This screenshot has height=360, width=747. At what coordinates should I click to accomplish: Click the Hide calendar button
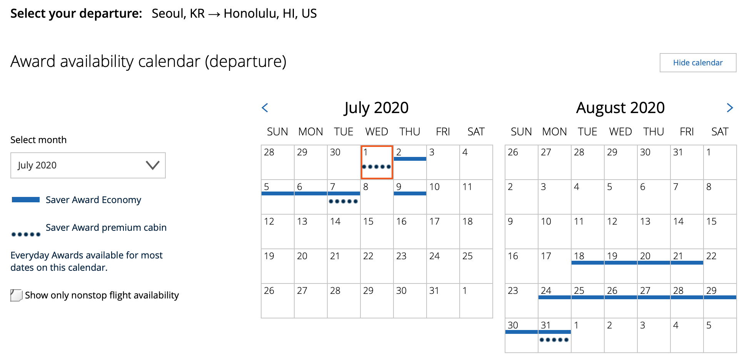pyautogui.click(x=698, y=63)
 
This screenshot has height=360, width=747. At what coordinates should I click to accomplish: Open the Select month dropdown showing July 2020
pyautogui.click(x=88, y=165)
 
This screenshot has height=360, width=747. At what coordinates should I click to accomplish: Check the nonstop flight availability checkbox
pyautogui.click(x=16, y=295)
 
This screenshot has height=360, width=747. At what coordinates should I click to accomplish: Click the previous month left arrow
pyautogui.click(x=265, y=108)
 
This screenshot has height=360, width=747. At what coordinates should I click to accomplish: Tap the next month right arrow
pyautogui.click(x=730, y=108)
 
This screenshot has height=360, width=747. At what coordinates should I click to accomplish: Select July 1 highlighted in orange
pyautogui.click(x=377, y=162)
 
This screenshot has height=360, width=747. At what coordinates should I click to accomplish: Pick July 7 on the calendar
pyautogui.click(x=344, y=197)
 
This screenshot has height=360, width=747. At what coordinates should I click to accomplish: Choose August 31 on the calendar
pyautogui.click(x=555, y=335)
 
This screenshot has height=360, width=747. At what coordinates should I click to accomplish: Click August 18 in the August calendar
pyautogui.click(x=588, y=266)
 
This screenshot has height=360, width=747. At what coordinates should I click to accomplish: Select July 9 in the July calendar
pyautogui.click(x=410, y=197)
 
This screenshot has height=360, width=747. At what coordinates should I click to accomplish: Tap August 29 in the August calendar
pyautogui.click(x=720, y=301)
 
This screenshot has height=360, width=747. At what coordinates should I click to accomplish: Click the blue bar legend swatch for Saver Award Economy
pyautogui.click(x=26, y=200)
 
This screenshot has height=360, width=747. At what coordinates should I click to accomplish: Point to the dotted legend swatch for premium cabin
pyautogui.click(x=26, y=234)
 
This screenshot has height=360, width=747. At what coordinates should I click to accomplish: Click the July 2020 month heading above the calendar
pyautogui.click(x=377, y=108)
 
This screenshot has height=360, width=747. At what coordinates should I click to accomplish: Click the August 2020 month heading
pyautogui.click(x=620, y=108)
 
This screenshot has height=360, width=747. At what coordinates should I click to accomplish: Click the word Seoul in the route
pyautogui.click(x=168, y=13)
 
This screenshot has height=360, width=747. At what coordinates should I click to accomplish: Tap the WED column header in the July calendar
pyautogui.click(x=377, y=132)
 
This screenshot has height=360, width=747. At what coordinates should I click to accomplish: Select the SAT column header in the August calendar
pyautogui.click(x=720, y=132)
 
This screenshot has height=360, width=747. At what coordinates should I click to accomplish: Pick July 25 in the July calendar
pyautogui.click(x=476, y=266)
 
